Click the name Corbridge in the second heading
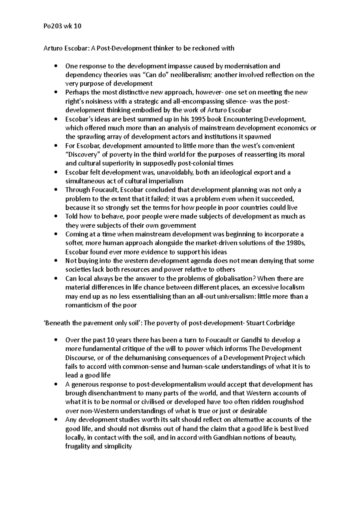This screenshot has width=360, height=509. (280, 323)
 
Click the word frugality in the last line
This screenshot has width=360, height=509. (77, 446)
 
